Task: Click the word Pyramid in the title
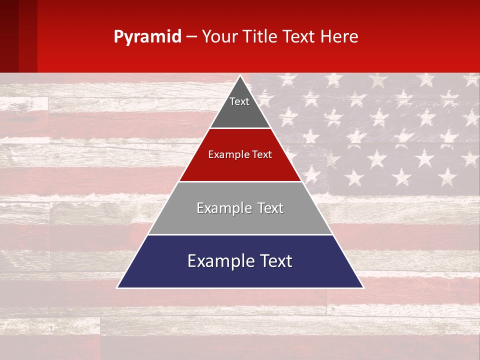[x=147, y=37]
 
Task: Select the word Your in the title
[x=218, y=36]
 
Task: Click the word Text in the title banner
[x=299, y=36]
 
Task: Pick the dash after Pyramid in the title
[x=191, y=37]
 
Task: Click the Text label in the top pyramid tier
[x=239, y=101]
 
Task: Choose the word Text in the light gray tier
[x=271, y=208]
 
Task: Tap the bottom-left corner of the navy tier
[x=118, y=287]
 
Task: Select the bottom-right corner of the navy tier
[x=362, y=287]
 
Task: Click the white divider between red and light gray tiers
[x=240, y=181]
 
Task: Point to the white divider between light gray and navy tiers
[x=240, y=234]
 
